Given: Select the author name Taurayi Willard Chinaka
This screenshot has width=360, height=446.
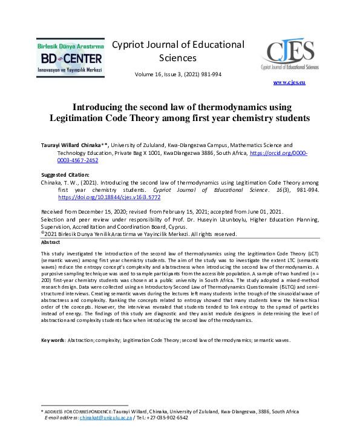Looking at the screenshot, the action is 74,145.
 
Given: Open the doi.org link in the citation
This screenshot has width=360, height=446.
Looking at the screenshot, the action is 110,197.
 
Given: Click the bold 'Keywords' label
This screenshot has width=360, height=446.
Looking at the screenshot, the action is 53,340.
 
